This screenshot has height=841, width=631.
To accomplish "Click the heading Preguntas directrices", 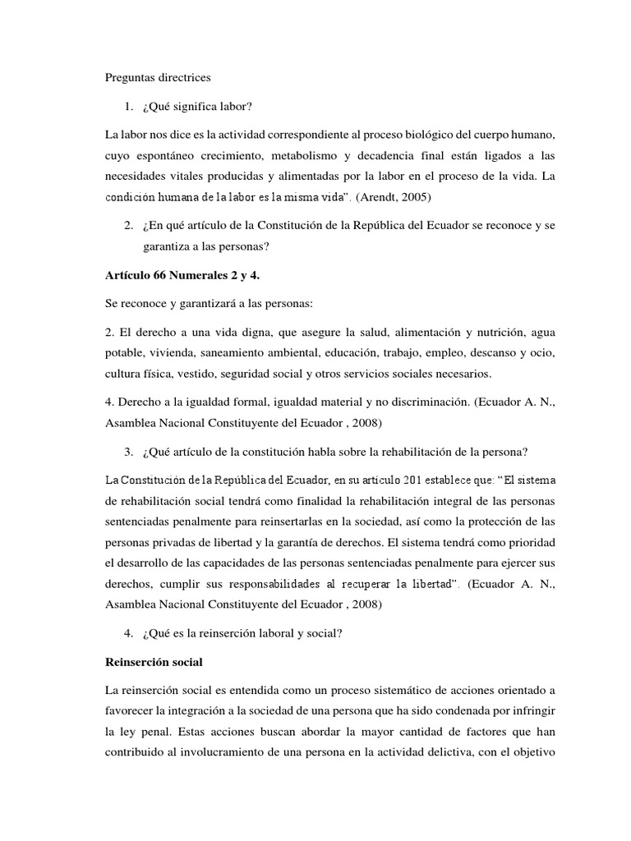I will tap(159, 78).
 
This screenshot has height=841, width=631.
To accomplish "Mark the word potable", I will tap(123, 352).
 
